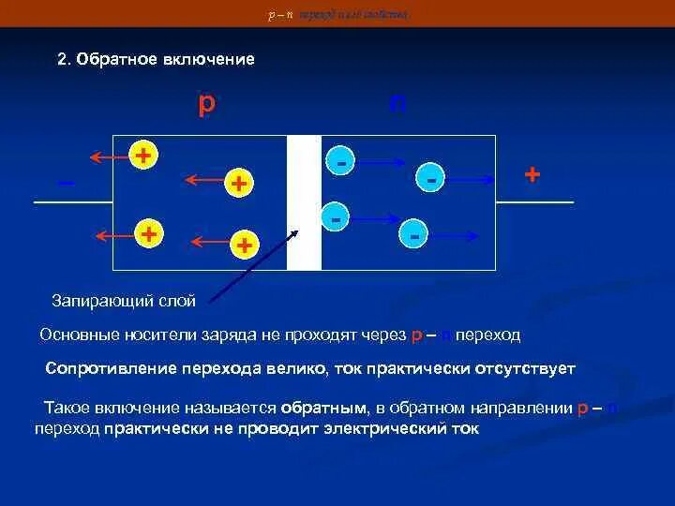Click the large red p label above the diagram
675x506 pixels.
point(206,102)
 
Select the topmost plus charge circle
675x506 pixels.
point(142,155)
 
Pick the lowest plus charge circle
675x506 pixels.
point(244,246)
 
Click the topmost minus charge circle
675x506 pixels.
point(341,160)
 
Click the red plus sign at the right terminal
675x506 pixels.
point(532,174)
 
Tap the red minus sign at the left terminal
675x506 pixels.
point(66,183)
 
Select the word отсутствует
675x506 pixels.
point(526,368)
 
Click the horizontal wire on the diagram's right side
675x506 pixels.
point(534,202)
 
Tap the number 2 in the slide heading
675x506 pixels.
point(61,59)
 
